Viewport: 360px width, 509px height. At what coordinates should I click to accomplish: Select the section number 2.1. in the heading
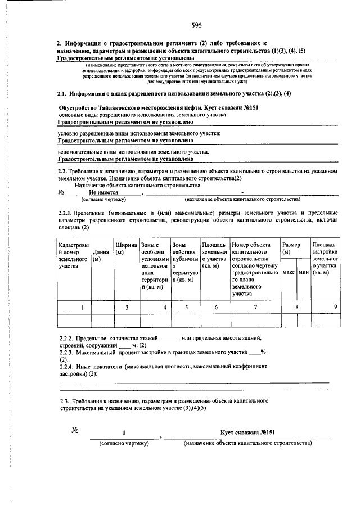pos(65,93)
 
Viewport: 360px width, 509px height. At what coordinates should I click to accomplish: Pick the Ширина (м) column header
pos(126,249)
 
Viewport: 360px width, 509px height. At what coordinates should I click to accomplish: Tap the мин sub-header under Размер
pos(304,272)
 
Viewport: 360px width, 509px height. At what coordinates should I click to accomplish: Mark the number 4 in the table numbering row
pos(165,307)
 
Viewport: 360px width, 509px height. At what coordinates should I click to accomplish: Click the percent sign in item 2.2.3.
pos(263,352)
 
